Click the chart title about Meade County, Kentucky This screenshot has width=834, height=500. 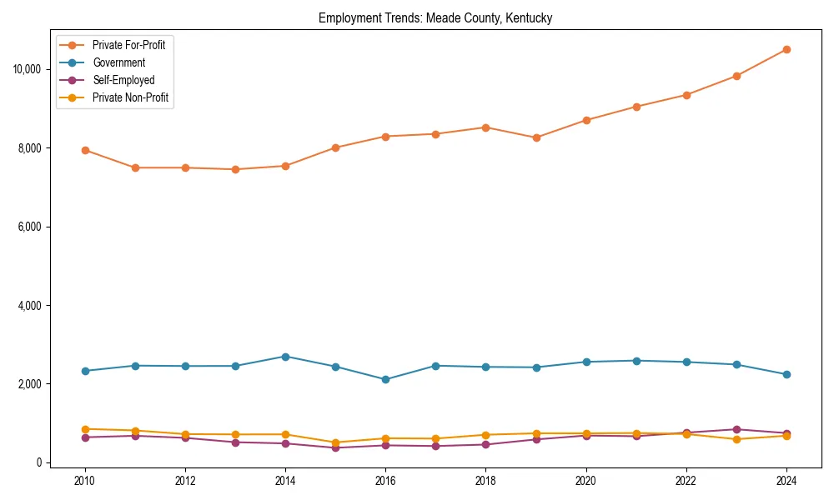click(x=435, y=17)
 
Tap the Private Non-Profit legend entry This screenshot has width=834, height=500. click(x=130, y=97)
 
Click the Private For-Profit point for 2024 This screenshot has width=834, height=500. click(x=786, y=50)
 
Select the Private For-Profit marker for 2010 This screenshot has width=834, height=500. click(x=85, y=150)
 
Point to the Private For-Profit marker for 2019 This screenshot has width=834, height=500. click(x=536, y=137)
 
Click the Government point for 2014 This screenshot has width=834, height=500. click(x=285, y=357)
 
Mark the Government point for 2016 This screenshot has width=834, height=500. click(x=385, y=379)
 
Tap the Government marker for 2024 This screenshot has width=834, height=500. click(x=786, y=374)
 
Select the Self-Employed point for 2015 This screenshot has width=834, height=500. click(x=335, y=447)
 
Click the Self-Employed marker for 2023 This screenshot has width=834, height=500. click(x=736, y=429)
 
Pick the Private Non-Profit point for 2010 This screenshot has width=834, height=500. click(x=85, y=429)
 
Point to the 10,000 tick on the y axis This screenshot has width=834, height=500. click(x=33, y=69)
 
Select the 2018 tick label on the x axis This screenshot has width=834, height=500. click(x=485, y=480)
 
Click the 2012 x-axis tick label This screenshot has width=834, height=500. click(x=185, y=480)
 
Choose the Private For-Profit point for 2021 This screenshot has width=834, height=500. click(x=636, y=107)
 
